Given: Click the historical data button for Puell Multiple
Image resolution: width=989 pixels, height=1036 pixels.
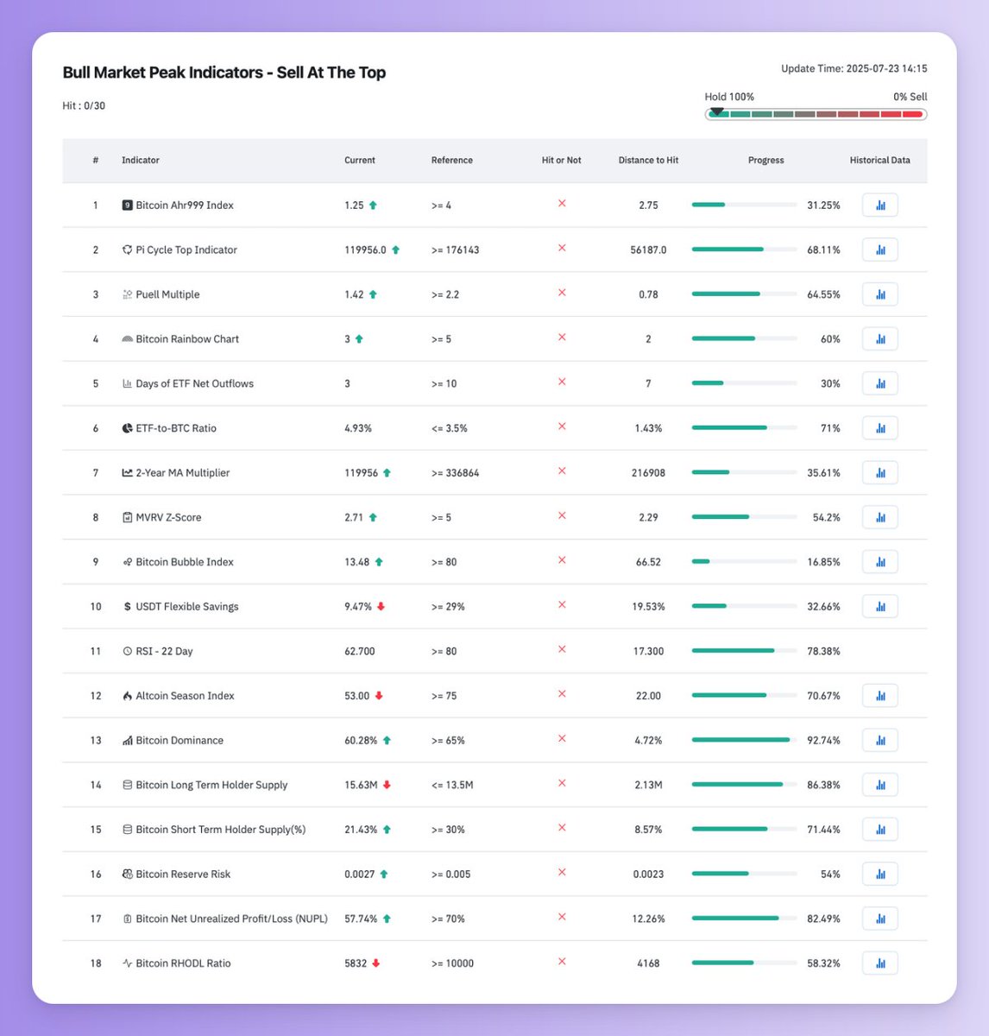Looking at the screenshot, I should (x=879, y=294).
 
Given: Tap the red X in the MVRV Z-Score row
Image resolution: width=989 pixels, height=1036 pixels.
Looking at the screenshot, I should (x=562, y=516).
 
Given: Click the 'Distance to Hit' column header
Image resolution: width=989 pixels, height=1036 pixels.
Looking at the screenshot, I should (x=648, y=161).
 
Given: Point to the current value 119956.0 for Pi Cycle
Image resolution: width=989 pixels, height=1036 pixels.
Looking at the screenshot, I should (x=365, y=250).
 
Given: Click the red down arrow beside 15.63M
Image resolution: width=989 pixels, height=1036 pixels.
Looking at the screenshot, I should (x=387, y=785).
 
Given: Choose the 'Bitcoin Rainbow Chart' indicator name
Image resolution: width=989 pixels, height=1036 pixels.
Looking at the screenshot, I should (x=186, y=339).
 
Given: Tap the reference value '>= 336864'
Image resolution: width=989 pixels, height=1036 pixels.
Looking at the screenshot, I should (x=455, y=473).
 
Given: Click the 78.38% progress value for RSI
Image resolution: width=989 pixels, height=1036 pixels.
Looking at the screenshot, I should (x=823, y=651).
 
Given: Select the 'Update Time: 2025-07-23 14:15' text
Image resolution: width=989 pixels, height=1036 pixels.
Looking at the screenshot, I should (x=854, y=69).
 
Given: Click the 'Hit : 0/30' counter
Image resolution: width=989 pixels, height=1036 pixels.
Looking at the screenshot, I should (x=84, y=106).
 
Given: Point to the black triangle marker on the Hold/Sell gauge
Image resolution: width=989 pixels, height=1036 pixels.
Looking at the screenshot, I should (x=716, y=111).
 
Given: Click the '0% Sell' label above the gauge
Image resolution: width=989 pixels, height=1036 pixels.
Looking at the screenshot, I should (x=910, y=97).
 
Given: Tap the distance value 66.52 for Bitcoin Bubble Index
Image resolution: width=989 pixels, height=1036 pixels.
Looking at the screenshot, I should (x=648, y=562).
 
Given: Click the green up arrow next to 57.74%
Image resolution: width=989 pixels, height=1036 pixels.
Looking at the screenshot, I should (x=387, y=919).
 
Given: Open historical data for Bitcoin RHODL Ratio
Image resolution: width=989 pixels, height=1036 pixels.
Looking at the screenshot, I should (x=879, y=963).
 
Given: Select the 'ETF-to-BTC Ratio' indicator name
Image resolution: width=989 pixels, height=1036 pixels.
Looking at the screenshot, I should (x=175, y=428).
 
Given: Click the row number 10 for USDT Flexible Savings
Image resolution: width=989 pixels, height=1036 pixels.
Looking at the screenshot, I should (x=96, y=607).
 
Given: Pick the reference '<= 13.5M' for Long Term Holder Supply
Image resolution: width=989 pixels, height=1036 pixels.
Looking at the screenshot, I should (x=452, y=785).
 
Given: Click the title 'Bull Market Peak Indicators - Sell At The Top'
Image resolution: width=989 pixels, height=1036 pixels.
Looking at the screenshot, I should (x=224, y=73).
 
